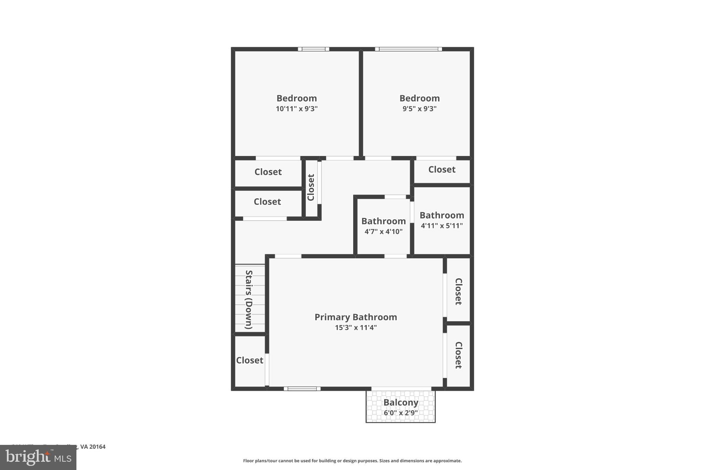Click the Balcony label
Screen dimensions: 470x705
tap(401, 402)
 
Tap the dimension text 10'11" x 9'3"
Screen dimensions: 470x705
tap(296, 109)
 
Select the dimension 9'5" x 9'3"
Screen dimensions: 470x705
tap(419, 109)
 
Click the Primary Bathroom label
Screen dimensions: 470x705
tap(356, 317)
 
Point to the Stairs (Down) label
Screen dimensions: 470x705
tap(249, 299)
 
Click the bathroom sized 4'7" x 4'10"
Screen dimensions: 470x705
tap(383, 226)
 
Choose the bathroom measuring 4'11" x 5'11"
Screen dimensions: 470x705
tap(442, 220)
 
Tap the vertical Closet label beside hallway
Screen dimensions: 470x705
tap(311, 188)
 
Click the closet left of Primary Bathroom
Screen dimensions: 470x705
tap(250, 360)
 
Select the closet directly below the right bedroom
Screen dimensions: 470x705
tap(442, 169)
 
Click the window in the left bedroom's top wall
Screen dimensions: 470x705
tap(313, 49)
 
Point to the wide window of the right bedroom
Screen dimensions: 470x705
tap(408, 49)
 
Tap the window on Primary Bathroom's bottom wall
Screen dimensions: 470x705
tap(302, 389)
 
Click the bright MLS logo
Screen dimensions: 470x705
tap(38, 458)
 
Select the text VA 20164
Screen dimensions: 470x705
tap(93, 447)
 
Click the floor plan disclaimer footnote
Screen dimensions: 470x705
tap(352, 461)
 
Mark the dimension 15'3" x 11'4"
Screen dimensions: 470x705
tap(356, 327)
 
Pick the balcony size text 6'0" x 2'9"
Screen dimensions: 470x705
tap(401, 412)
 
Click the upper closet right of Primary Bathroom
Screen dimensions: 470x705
tap(458, 291)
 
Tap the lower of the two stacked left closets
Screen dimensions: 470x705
tap(267, 201)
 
